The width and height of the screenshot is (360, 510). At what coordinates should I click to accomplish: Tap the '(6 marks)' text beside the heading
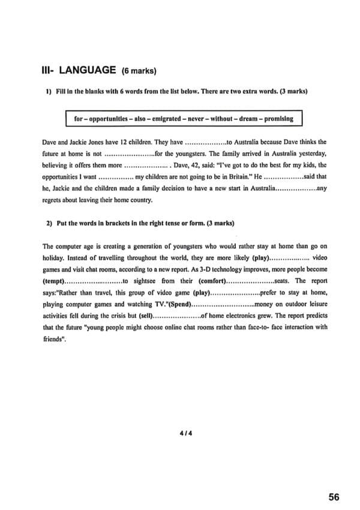[x=139, y=71]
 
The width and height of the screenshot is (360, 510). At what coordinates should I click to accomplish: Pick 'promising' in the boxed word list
[x=277, y=119]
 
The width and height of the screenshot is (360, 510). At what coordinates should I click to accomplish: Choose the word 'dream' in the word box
[x=244, y=119]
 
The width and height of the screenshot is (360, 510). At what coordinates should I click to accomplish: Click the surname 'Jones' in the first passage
[x=91, y=142]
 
